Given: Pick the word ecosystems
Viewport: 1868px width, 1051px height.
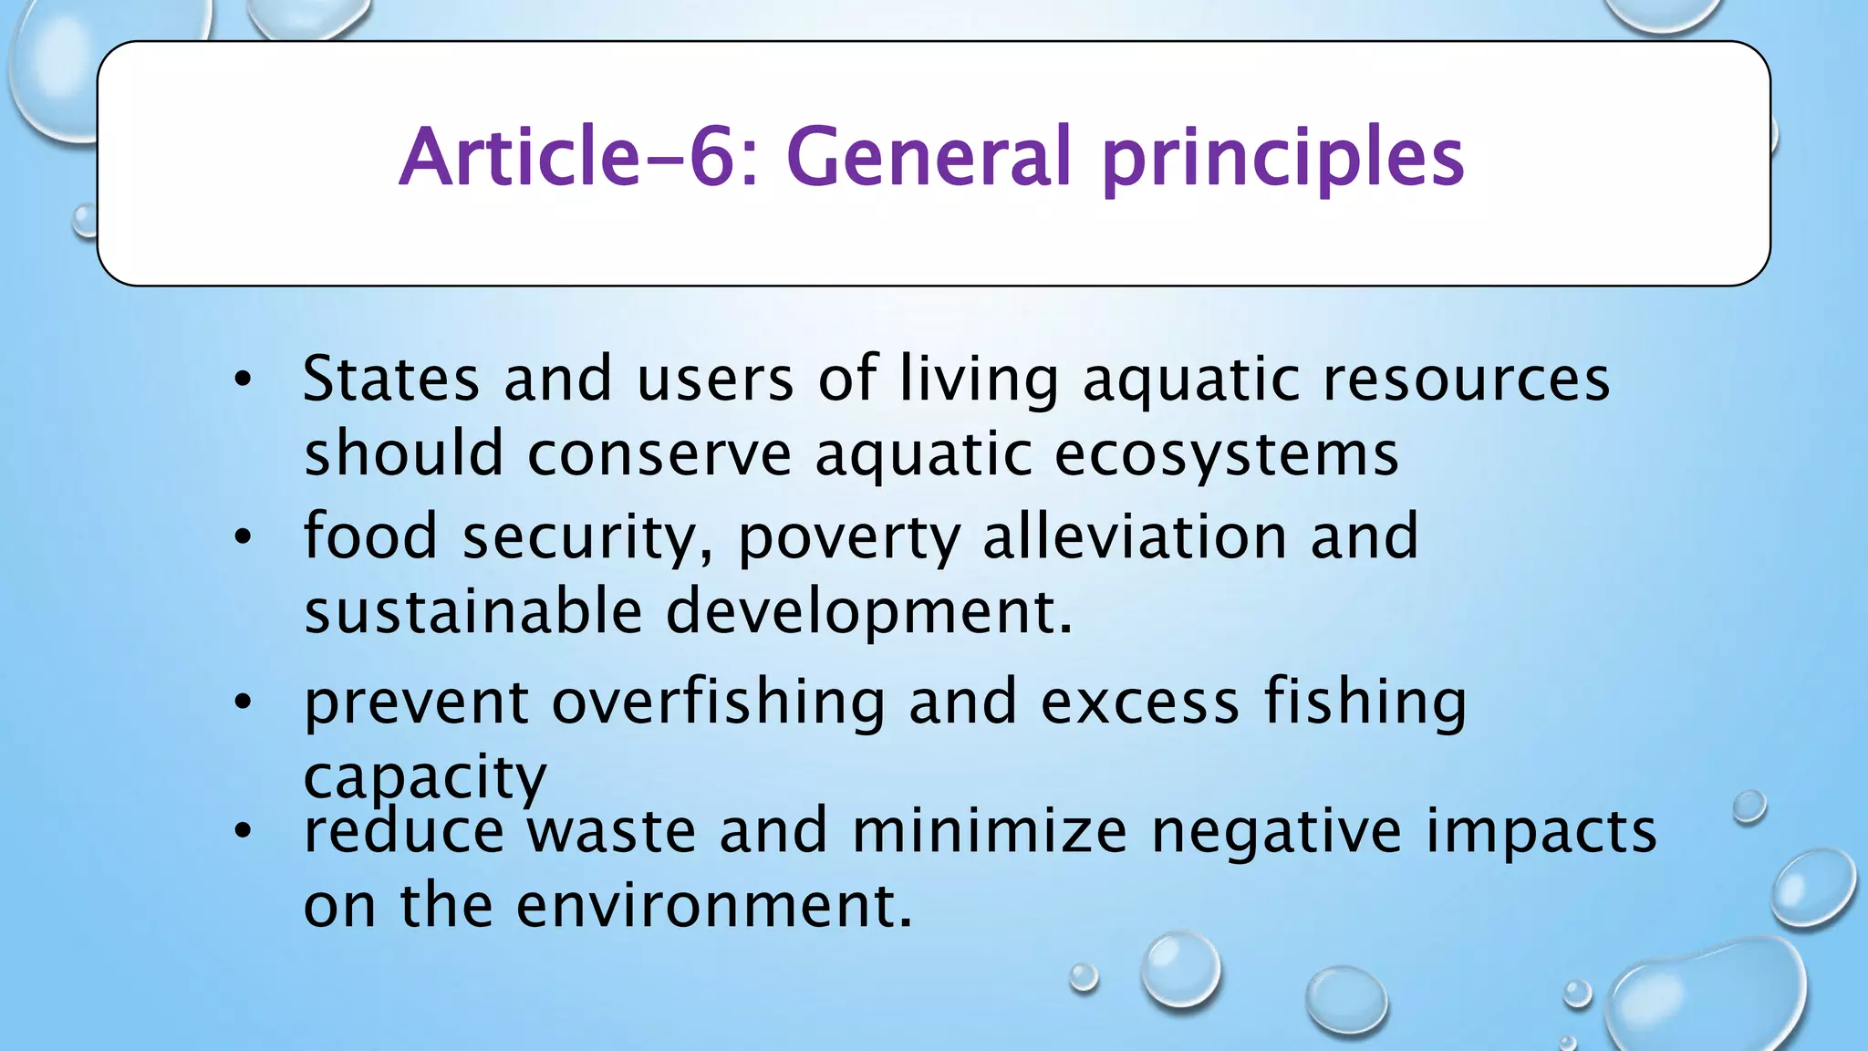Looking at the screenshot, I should pyautogui.click(x=1226, y=454).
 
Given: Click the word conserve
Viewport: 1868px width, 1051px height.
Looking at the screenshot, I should pyautogui.click(x=659, y=454).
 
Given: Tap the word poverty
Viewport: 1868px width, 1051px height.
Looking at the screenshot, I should pyautogui.click(x=848, y=538).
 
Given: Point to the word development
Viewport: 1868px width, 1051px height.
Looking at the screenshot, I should pyautogui.click(x=868, y=613).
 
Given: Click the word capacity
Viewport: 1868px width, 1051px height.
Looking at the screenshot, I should pyautogui.click(x=424, y=778).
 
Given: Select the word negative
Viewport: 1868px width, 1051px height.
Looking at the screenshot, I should pyautogui.click(x=1276, y=833).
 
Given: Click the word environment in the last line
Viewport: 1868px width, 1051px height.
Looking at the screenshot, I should pyautogui.click(x=713, y=906).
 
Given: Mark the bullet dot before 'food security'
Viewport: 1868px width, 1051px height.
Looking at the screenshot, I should pyautogui.click(x=242, y=537).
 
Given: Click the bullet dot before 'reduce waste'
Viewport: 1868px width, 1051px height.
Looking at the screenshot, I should pyautogui.click(x=242, y=831).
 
